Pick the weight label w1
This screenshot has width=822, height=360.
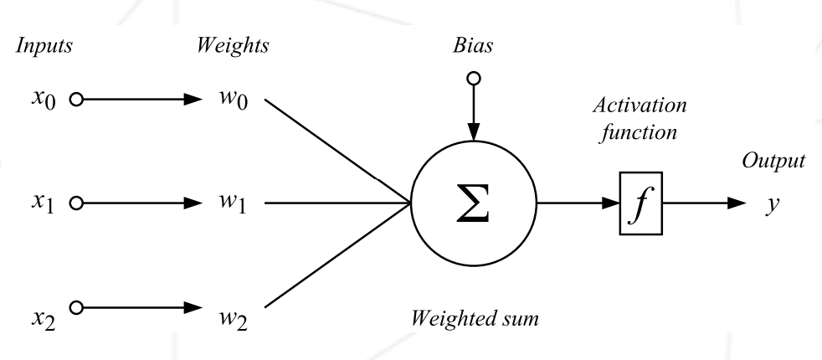tap(226, 203)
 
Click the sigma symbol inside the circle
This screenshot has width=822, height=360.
tap(474, 203)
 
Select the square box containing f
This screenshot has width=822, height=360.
tap(641, 203)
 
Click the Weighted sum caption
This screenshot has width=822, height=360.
tap(475, 318)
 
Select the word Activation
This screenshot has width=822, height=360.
tap(640, 108)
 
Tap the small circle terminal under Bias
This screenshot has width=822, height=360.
tap(474, 78)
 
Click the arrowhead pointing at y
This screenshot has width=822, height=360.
tap(734, 203)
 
